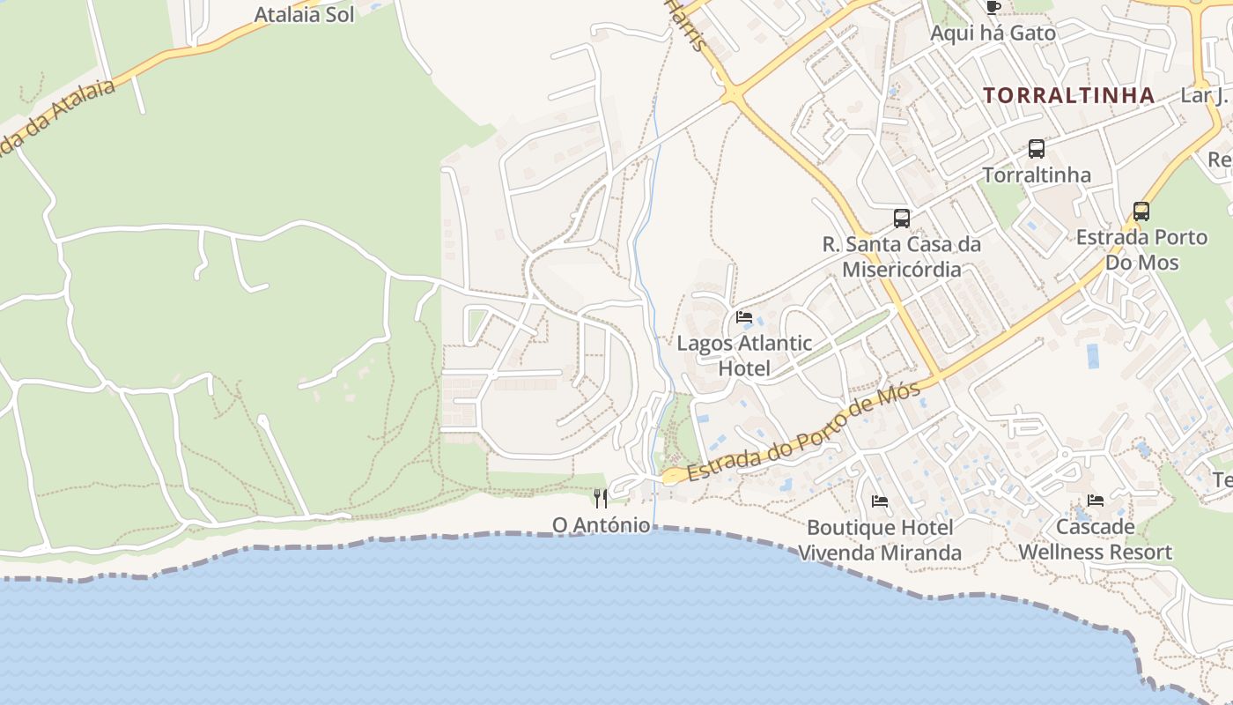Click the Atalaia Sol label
tap(304, 15)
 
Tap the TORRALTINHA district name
tap(1068, 95)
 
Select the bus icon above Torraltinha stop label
tap(1037, 149)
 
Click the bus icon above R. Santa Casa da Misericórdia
tap(901, 218)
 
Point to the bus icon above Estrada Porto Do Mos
tap(1141, 211)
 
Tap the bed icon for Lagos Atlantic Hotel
tap(744, 317)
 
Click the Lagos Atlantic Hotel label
tap(744, 355)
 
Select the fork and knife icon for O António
tap(601, 499)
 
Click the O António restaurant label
tap(601, 525)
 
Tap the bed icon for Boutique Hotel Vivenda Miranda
tap(879, 501)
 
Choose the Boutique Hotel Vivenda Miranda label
tap(879, 540)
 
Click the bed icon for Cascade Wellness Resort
tap(1095, 501)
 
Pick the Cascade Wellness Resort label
tap(1095, 539)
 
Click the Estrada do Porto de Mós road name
tap(803, 432)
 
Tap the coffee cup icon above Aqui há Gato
tap(993, 8)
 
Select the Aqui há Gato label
tap(993, 33)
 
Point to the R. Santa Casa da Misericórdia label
tap(901, 256)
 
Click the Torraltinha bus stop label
tap(1037, 174)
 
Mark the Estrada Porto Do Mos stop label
tap(1141, 249)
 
